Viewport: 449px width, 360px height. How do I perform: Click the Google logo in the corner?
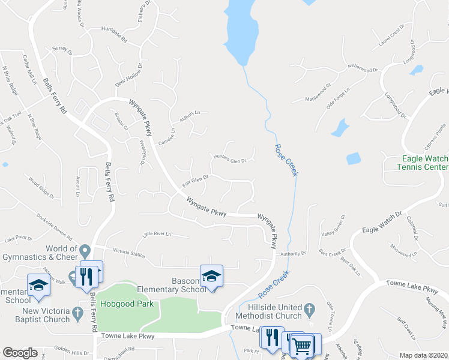click(x=20, y=353)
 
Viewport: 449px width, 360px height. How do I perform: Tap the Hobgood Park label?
click(x=127, y=304)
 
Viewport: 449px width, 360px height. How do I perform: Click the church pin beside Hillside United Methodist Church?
click(x=309, y=310)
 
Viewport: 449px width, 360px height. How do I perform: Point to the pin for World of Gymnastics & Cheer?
click(x=85, y=249)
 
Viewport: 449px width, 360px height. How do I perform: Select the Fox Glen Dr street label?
click(x=194, y=178)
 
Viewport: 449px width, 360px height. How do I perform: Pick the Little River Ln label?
click(x=157, y=233)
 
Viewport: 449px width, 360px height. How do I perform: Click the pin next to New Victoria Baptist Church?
click(x=77, y=313)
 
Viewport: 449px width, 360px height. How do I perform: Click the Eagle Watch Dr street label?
click(x=382, y=223)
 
